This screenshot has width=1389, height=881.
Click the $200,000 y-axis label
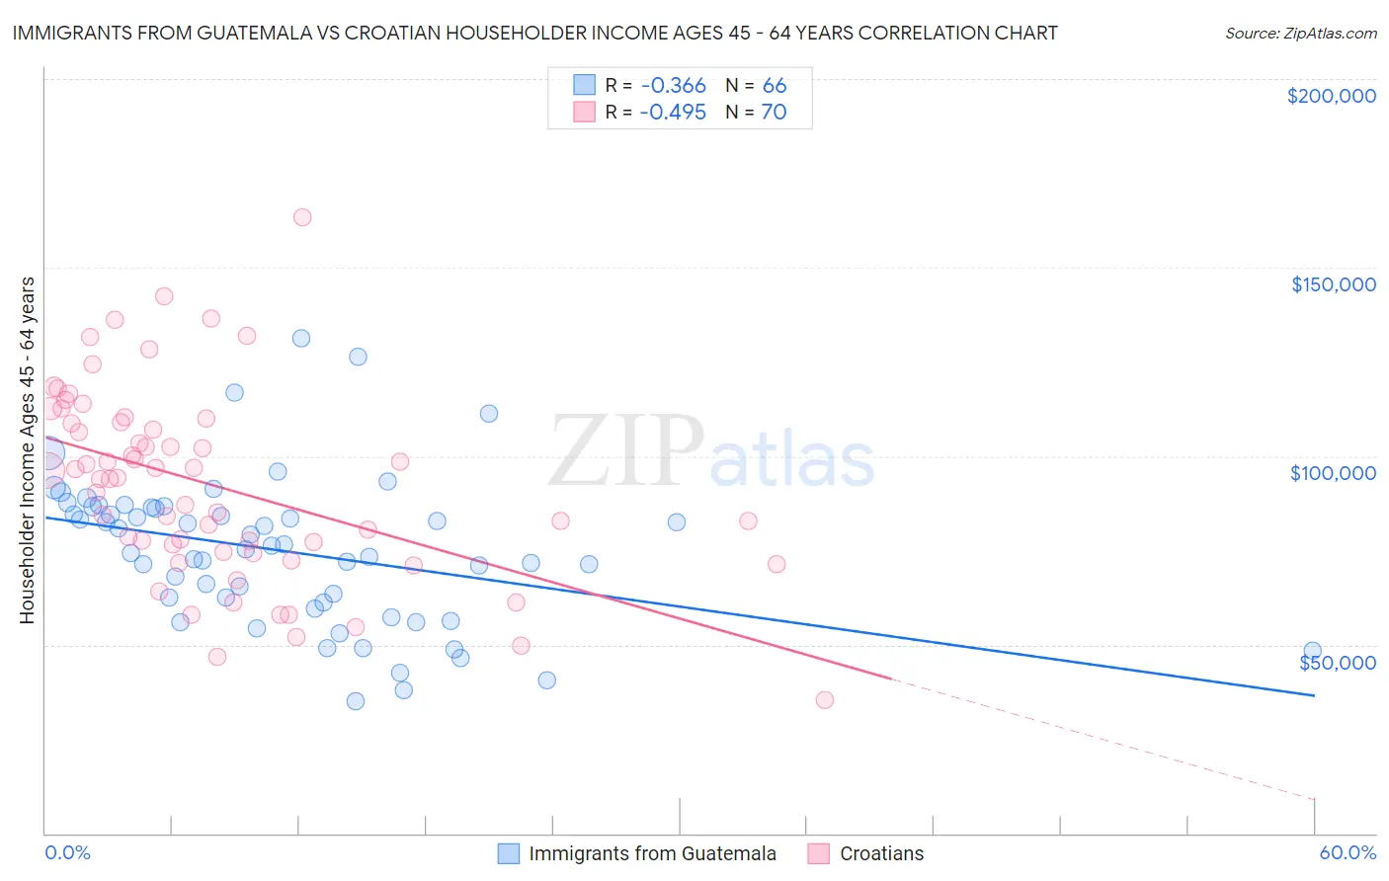pos(1331,96)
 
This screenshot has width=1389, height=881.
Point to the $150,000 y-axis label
pos(1333,284)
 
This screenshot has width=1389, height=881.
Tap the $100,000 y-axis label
pos(1333,473)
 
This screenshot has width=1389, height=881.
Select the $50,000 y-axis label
pos(1337,663)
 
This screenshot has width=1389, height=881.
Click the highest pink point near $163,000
pos(302,217)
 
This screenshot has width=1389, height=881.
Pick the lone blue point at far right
pos(1312,651)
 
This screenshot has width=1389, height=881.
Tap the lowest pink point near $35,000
pos(825,699)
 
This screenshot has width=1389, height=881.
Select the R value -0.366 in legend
pos(672,85)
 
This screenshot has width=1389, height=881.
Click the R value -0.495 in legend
pos(672,113)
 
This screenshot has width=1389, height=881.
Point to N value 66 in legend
pos(775,85)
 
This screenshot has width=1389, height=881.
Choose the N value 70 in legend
pos(774,113)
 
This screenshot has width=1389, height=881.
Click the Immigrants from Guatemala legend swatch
pos(509,854)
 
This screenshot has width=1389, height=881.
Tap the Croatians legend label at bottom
pos(881,854)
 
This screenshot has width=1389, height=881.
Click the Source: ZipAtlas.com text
pos(1300,33)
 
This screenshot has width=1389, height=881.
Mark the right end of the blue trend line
pos(1314,695)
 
